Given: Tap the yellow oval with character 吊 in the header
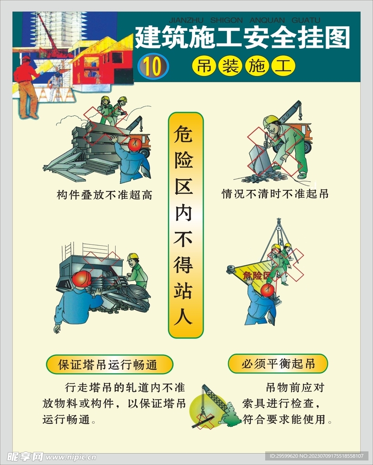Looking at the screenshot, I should (x=202, y=66).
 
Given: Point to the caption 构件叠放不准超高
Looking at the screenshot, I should (x=104, y=195).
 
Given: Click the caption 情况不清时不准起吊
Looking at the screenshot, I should (x=275, y=194).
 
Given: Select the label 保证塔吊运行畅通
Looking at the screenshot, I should (x=109, y=364).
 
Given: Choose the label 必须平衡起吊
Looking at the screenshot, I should (x=277, y=363).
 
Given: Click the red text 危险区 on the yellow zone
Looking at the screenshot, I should (x=256, y=275).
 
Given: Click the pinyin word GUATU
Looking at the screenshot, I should (x=305, y=20).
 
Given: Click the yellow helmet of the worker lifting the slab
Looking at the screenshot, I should (x=270, y=121).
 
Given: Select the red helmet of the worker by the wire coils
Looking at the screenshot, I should (x=82, y=279).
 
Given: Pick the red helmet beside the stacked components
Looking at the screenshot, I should (x=135, y=144).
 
